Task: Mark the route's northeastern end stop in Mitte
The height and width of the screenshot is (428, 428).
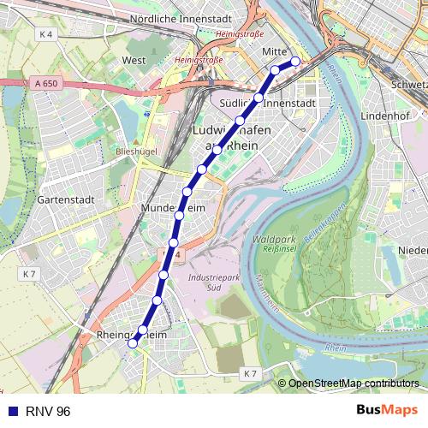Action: click(295, 61)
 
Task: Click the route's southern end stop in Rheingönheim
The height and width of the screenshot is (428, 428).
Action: click(133, 343)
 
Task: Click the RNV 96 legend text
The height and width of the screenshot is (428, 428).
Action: click(48, 411)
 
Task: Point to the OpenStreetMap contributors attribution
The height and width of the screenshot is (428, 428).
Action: click(354, 383)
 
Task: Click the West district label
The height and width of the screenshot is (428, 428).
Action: click(134, 61)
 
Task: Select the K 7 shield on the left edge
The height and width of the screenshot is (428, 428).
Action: click(30, 274)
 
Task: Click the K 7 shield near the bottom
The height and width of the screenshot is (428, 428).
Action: click(249, 374)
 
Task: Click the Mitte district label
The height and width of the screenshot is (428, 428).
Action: click(274, 52)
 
